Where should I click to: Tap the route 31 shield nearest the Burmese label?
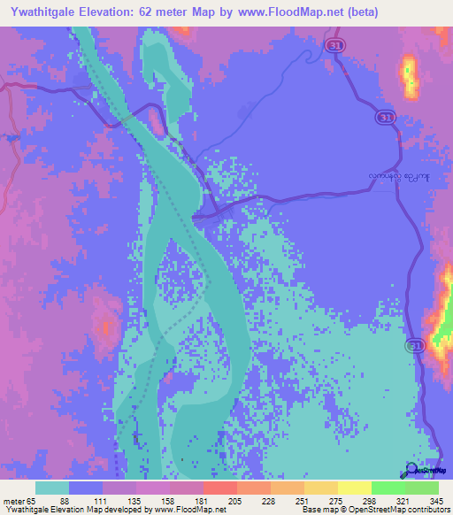pos(385,117)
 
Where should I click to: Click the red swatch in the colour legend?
pos(219,488)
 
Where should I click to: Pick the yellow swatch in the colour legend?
pos(354,488)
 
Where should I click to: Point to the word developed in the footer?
pos(125,510)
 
